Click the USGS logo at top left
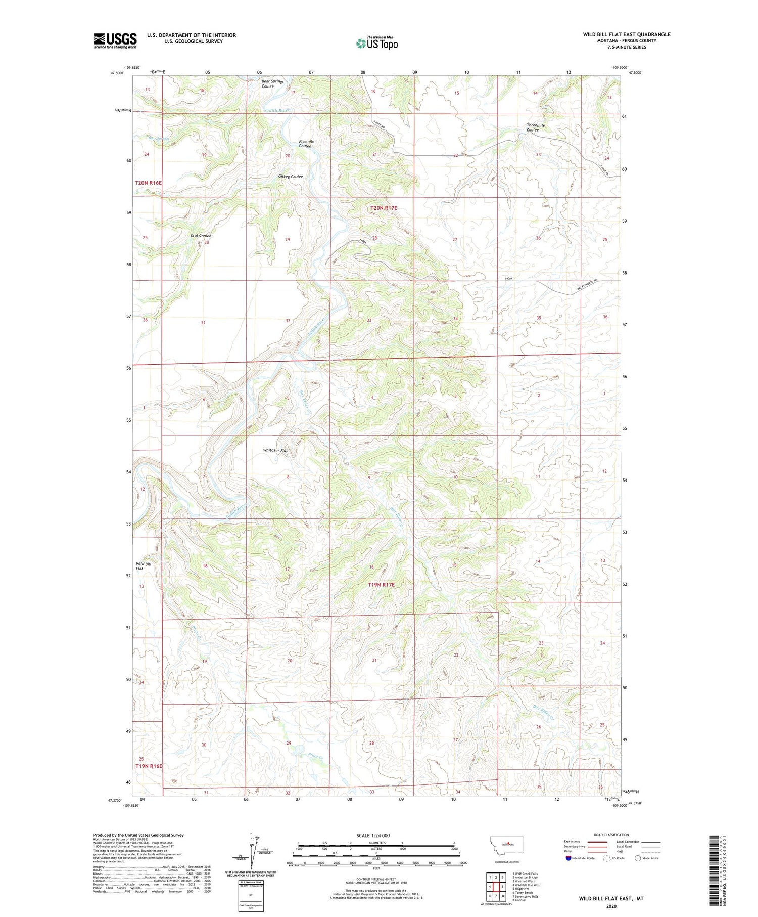(115, 40)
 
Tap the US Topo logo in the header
(377, 43)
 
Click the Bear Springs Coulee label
(272, 83)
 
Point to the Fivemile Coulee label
(306, 144)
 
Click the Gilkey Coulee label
(291, 177)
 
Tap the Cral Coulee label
(201, 236)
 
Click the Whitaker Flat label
(275, 450)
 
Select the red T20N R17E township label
(384, 208)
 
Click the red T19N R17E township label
(381, 585)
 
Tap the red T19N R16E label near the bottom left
(149, 766)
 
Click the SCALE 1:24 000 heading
(373, 835)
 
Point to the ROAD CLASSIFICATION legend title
(611, 835)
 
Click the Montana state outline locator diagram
(511, 845)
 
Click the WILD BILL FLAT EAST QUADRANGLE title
(627, 34)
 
